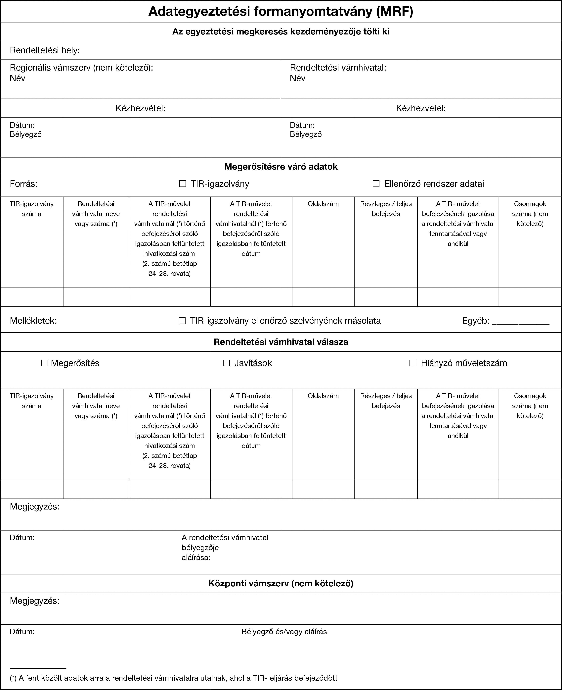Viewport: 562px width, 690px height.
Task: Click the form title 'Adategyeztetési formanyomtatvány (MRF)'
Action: pyautogui.click(x=281, y=12)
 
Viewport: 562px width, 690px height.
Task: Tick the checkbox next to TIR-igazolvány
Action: pyautogui.click(x=183, y=184)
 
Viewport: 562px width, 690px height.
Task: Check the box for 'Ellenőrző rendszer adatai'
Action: pyautogui.click(x=376, y=184)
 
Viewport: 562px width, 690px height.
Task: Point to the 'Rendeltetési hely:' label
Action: pyautogui.click(x=45, y=50)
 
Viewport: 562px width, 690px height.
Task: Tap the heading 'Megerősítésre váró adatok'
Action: pyautogui.click(x=281, y=167)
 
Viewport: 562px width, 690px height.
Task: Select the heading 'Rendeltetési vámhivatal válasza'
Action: pyautogui.click(x=281, y=342)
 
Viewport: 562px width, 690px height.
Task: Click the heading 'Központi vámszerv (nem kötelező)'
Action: pyautogui.click(x=281, y=583)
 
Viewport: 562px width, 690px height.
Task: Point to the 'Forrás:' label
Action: pyautogui.click(x=24, y=184)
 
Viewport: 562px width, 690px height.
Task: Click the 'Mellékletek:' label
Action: pyautogui.click(x=33, y=321)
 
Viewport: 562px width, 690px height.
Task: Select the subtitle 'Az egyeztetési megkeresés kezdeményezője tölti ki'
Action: pyautogui.click(x=281, y=31)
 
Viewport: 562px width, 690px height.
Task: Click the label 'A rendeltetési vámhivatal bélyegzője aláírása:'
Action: pyautogui.click(x=225, y=548)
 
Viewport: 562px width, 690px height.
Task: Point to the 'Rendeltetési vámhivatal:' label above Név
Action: pyautogui.click(x=338, y=68)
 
